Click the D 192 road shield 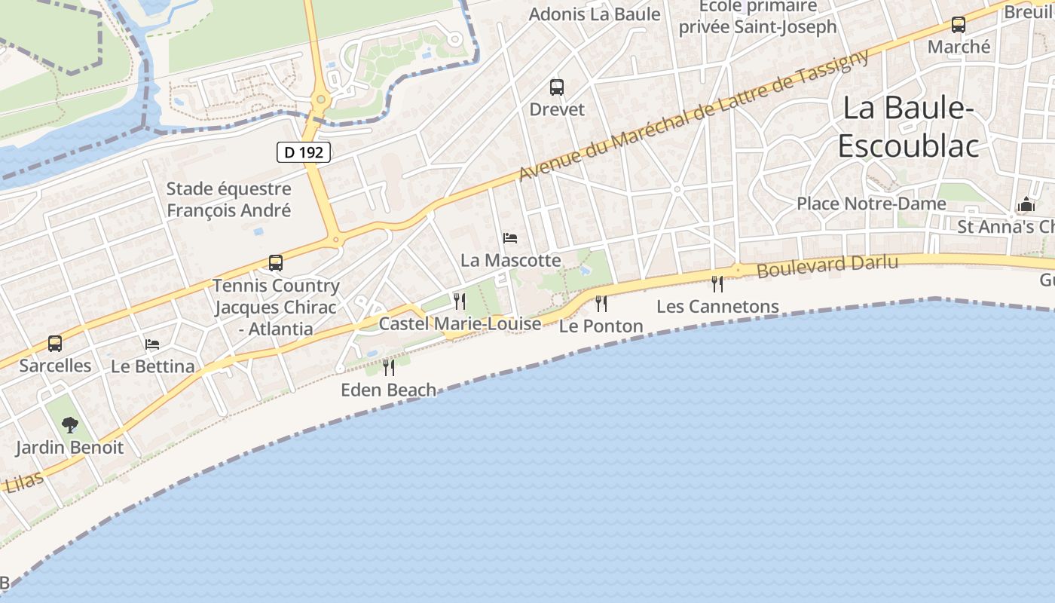(x=304, y=152)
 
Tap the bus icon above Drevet (x=557, y=87)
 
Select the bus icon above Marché (x=959, y=25)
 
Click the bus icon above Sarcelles (x=55, y=344)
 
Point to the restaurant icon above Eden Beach (x=389, y=367)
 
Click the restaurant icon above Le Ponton (x=601, y=303)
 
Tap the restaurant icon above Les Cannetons (x=717, y=283)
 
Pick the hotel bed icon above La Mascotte (x=510, y=238)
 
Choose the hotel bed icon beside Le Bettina (x=152, y=344)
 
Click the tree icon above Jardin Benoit (x=70, y=425)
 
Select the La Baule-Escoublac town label (x=908, y=127)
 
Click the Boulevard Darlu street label (x=827, y=265)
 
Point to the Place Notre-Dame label (x=871, y=204)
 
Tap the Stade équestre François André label (x=228, y=200)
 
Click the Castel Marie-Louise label (x=460, y=324)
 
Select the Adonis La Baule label (x=595, y=14)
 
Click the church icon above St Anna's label (x=1026, y=204)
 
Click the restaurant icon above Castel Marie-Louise (x=460, y=301)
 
